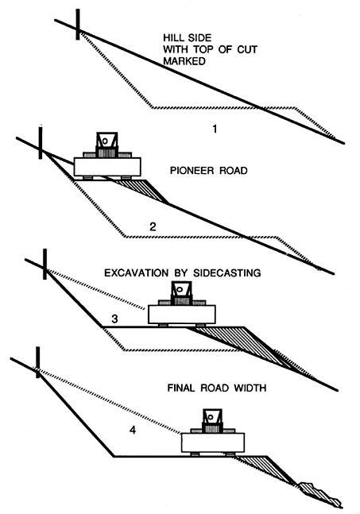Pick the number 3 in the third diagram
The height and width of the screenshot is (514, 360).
pyautogui.click(x=115, y=319)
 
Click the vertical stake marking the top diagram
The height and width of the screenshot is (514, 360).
pyautogui.click(x=78, y=25)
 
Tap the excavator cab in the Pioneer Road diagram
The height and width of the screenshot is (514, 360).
pyautogui.click(x=105, y=143)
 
